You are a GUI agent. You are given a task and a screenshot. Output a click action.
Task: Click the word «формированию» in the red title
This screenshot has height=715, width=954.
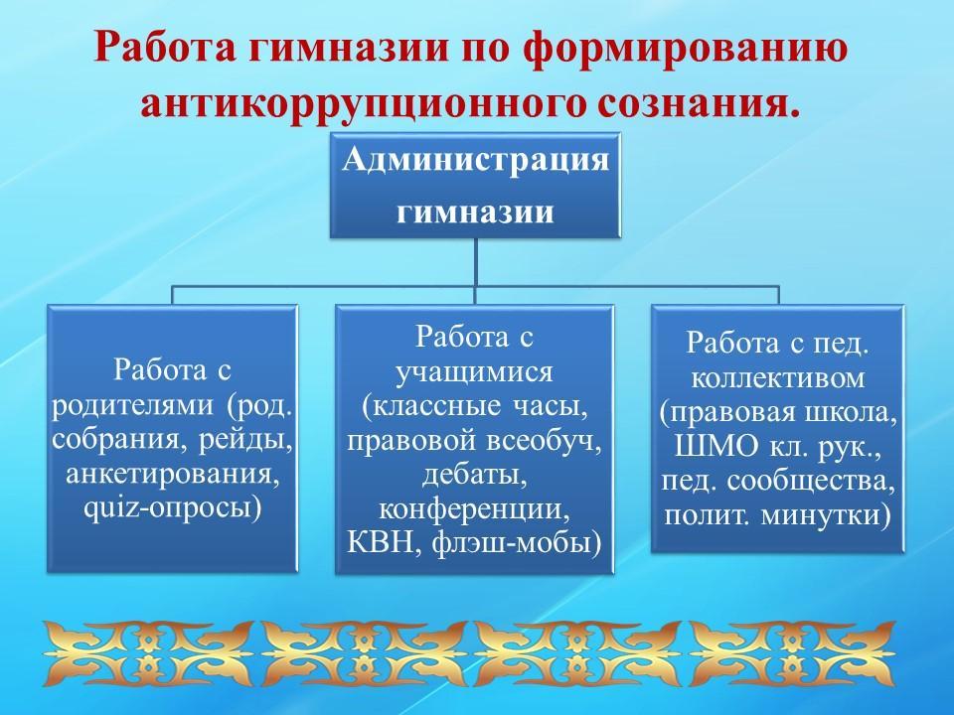[686, 48]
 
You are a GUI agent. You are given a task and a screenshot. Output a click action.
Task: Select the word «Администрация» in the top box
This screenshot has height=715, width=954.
[475, 161]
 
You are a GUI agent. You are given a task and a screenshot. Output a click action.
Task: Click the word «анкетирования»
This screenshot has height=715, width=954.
[173, 473]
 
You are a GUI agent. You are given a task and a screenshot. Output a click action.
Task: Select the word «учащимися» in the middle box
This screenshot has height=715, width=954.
[475, 372]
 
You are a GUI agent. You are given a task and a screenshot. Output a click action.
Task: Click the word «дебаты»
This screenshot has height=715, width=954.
[475, 474]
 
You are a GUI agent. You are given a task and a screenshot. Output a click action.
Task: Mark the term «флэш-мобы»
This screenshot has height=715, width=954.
[511, 542]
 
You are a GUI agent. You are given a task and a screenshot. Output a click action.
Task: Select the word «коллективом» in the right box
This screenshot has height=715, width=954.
[778, 378]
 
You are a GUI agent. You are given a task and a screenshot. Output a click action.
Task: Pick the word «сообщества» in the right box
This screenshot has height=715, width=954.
[811, 482]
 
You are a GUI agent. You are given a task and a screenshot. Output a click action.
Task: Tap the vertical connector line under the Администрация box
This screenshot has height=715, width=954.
[475, 261]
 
